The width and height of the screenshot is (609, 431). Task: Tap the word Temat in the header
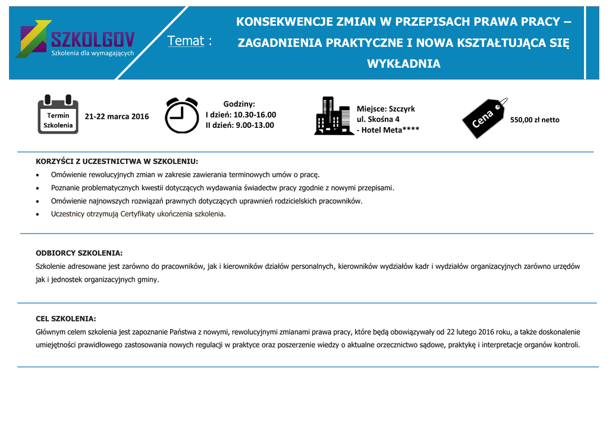(x=186, y=41)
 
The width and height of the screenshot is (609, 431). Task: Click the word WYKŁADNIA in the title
(x=404, y=64)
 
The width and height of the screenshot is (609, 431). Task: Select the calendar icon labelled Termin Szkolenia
(x=58, y=114)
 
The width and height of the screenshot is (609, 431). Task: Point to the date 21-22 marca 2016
(x=117, y=117)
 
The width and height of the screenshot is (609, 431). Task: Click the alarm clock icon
(x=182, y=115)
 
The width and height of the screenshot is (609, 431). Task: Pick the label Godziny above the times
(x=239, y=104)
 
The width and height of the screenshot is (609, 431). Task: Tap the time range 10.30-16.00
(x=255, y=115)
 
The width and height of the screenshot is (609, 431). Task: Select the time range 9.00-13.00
(x=254, y=125)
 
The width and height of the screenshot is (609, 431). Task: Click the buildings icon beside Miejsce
(x=334, y=116)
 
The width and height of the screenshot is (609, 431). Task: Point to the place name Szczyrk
(x=401, y=109)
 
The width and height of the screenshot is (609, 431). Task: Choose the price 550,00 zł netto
(x=535, y=120)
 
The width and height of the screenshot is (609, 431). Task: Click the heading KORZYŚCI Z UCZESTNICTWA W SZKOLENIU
(x=117, y=162)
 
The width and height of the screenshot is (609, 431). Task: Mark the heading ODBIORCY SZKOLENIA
(x=79, y=253)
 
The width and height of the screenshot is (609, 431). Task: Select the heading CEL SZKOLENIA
(x=66, y=319)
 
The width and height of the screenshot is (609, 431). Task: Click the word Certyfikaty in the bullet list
(x=140, y=214)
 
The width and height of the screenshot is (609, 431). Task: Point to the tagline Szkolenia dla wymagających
(x=93, y=54)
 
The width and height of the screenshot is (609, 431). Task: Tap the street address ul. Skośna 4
(x=378, y=119)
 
